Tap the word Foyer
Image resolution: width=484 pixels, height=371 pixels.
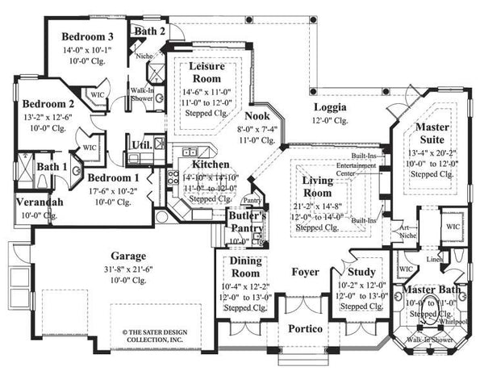[x=304, y=271]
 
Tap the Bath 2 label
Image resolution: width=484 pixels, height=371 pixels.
[x=150, y=31]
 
